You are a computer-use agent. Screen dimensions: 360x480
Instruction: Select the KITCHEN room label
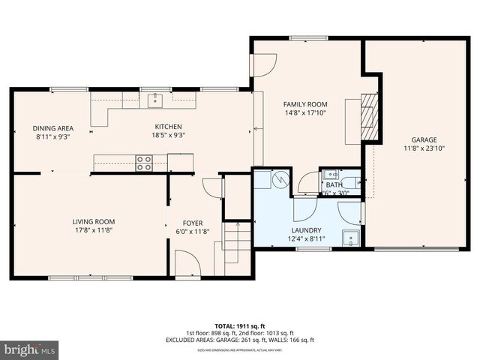click(x=168, y=127)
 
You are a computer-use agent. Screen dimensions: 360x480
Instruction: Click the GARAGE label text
click(x=423, y=139)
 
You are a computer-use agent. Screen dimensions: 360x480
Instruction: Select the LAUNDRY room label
click(x=306, y=230)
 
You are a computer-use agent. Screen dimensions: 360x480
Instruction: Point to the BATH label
click(x=334, y=184)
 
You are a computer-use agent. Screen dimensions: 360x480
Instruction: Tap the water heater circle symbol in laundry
click(x=279, y=181)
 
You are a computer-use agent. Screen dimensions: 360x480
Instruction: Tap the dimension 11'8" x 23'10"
click(x=423, y=149)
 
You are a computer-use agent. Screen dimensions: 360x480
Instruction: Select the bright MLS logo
click(x=30, y=349)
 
